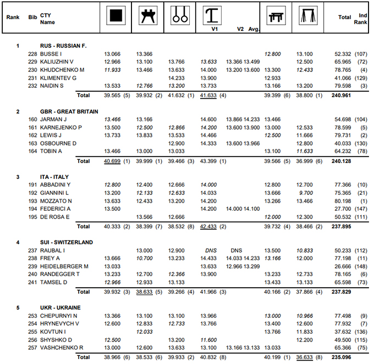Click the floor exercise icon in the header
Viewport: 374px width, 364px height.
pos(115,16)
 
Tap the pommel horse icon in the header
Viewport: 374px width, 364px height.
pos(147,16)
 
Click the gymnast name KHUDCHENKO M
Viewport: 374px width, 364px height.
pos(62,70)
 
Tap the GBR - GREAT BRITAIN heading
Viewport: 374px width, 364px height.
pos(69,111)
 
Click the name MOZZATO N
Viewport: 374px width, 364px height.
pos(57,201)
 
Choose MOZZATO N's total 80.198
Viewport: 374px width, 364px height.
pos(343,201)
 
